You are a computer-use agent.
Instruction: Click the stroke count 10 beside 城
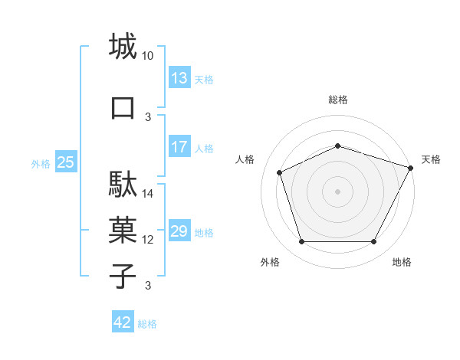click(148, 56)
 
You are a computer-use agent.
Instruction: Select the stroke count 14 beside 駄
click(148, 194)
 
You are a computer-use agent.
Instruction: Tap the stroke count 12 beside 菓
click(148, 240)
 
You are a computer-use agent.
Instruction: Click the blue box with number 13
click(179, 78)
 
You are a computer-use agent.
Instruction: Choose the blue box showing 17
click(179, 147)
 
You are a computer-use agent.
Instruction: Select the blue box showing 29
click(179, 231)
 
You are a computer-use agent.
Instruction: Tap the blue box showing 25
click(66, 162)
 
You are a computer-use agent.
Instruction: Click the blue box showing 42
click(123, 322)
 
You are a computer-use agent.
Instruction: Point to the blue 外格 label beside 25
click(41, 163)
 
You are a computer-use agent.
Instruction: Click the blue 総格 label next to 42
click(147, 324)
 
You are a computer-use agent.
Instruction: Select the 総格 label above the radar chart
click(338, 100)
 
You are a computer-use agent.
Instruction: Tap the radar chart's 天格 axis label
click(431, 159)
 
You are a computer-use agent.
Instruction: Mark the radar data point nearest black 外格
click(301, 242)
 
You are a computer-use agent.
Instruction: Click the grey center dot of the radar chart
click(337, 191)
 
